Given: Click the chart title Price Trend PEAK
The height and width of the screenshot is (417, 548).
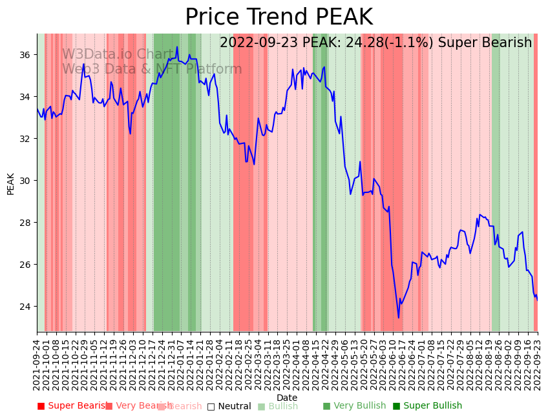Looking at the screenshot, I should pos(279,17).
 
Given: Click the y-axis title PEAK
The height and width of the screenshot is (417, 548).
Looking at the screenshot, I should pos(10,183).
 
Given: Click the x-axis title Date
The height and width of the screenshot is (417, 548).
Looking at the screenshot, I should pos(287,398).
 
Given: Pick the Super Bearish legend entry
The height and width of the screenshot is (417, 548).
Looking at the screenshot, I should pos(72,406).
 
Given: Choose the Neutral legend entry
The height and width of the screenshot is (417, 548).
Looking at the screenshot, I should pos(229,406).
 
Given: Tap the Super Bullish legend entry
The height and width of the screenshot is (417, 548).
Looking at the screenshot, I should pos(427,406).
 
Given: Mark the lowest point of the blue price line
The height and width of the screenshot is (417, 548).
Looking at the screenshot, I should pos(399,318).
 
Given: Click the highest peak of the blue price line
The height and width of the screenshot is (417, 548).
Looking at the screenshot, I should pos(177,46).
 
